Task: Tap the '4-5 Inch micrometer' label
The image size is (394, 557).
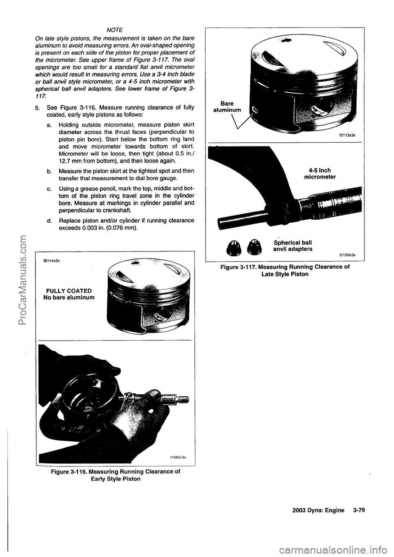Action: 320,174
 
